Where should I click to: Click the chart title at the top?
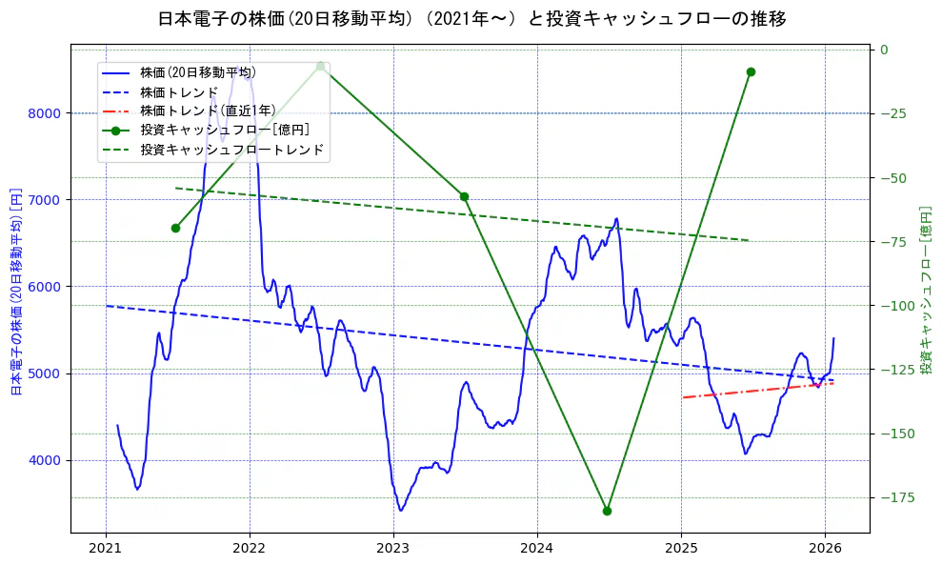point(471,18)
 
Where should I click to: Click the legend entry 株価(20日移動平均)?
point(197,71)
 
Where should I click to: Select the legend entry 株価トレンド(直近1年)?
point(208,111)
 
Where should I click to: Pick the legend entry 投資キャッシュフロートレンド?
point(231,150)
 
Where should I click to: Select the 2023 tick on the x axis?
point(393,548)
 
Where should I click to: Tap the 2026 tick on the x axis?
point(825,548)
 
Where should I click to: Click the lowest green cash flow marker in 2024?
point(607,511)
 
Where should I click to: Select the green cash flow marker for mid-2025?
point(751,71)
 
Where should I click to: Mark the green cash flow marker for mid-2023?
point(464,196)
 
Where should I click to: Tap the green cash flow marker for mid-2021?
point(175,228)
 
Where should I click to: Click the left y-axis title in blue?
point(16,291)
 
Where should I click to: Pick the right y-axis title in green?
point(926,291)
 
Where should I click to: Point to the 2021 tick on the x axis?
point(106,548)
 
